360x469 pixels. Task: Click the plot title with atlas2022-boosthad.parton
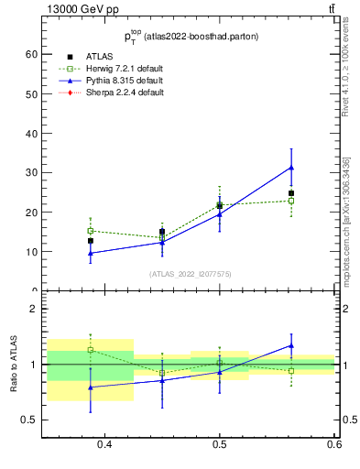[x=191, y=37]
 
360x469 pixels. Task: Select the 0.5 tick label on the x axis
[x=219, y=445]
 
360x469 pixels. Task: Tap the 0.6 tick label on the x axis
[x=333, y=445]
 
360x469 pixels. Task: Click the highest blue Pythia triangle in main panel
[x=291, y=168]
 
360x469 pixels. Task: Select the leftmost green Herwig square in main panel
[x=90, y=231]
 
